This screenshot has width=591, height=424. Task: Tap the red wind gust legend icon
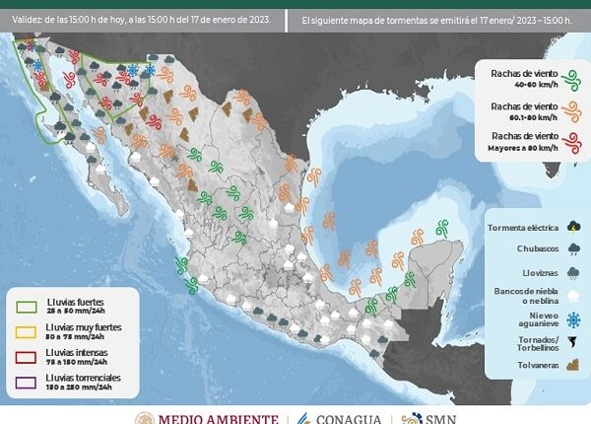point(568,144)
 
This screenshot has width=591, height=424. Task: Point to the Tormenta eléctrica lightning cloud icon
point(572,227)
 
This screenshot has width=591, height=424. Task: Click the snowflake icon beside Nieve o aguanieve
point(572,319)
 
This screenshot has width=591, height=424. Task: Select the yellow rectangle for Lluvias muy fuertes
point(27,329)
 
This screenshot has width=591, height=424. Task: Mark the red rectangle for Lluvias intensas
point(27,355)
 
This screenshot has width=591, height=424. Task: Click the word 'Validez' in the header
point(28,19)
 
